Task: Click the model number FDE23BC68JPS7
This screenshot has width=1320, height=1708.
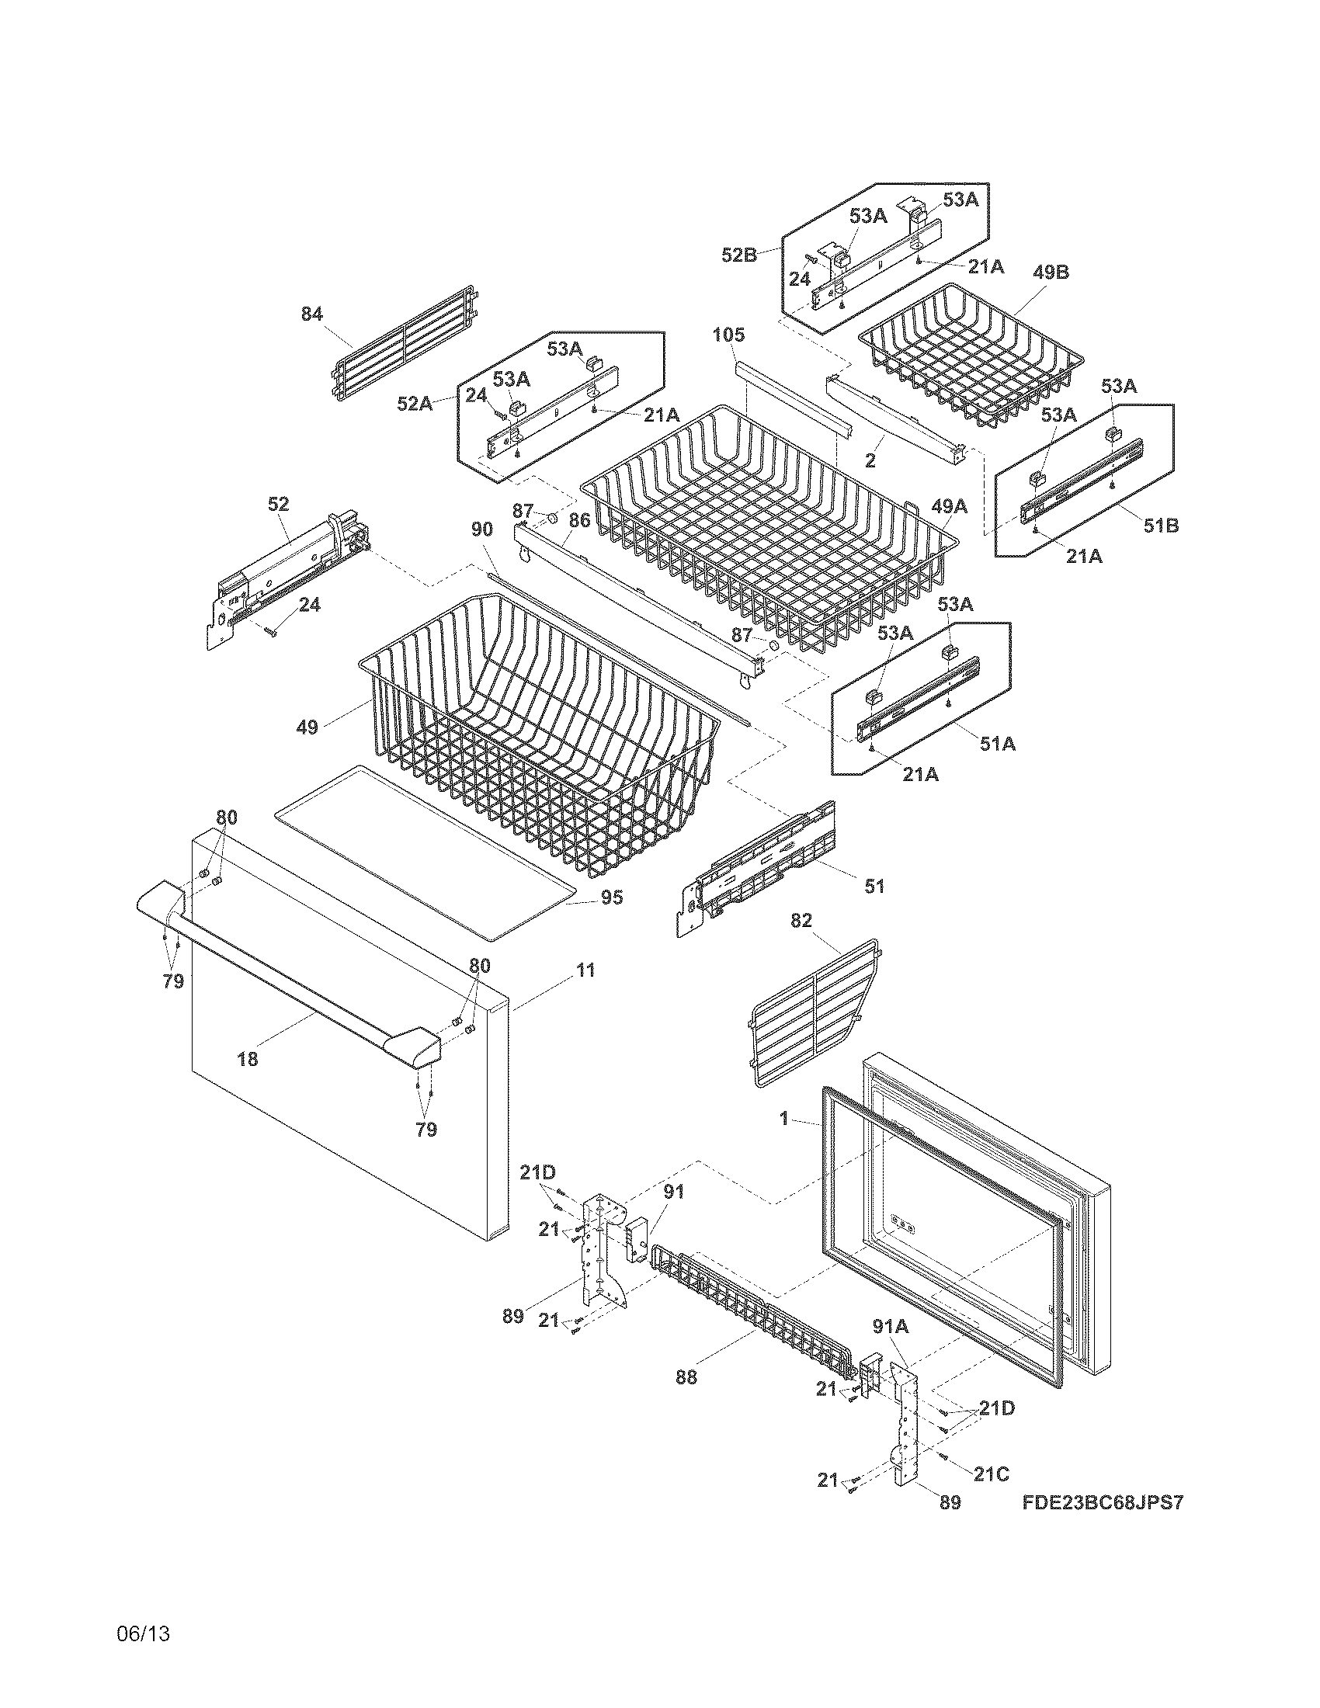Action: click(x=1102, y=1502)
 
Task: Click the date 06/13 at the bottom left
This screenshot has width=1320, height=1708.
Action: click(x=143, y=1633)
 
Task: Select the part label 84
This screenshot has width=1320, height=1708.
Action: click(x=312, y=314)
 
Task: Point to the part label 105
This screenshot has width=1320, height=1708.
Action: click(x=728, y=335)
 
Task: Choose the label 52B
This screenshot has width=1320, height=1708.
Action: click(x=740, y=254)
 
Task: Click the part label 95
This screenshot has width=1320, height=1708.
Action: click(x=612, y=897)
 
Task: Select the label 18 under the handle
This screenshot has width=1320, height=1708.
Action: click(x=247, y=1060)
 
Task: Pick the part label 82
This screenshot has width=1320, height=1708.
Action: click(x=801, y=921)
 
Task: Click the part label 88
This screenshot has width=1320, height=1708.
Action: click(x=686, y=1377)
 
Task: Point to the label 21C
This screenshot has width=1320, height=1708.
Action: click(x=991, y=1474)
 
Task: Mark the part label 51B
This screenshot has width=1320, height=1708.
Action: click(x=1162, y=526)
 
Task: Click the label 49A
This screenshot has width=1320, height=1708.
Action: click(x=949, y=507)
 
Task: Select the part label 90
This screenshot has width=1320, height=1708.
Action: click(x=481, y=529)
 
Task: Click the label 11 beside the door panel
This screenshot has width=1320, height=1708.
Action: click(x=585, y=970)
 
